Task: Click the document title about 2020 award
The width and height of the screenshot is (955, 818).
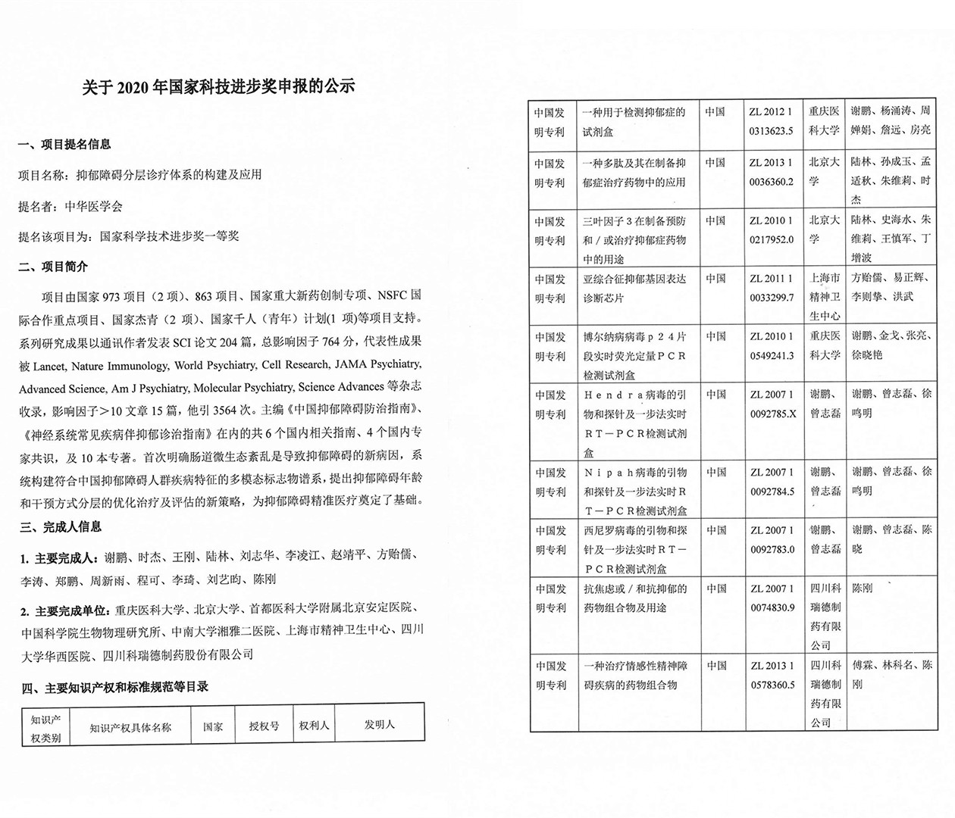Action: click(x=218, y=86)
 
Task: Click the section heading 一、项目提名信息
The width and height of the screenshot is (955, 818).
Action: click(x=64, y=144)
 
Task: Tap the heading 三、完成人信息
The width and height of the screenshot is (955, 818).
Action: click(x=60, y=526)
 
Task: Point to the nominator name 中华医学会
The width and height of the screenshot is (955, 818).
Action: click(x=93, y=205)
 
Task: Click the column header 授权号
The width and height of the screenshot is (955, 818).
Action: click(x=264, y=726)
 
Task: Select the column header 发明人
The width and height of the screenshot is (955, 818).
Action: click(x=379, y=724)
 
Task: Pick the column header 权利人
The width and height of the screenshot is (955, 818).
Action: click(x=314, y=725)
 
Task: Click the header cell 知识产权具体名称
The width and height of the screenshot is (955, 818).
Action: click(x=130, y=727)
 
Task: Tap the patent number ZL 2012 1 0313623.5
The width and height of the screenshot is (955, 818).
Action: click(x=771, y=121)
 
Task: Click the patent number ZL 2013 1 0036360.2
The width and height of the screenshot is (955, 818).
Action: click(x=771, y=172)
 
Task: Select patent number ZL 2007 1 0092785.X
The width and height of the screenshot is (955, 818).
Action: click(x=772, y=404)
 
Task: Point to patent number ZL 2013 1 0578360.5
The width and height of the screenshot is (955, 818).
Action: click(x=772, y=675)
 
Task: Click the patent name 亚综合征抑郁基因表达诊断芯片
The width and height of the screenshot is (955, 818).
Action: click(x=634, y=289)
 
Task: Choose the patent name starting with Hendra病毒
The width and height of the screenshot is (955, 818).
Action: click(x=634, y=423)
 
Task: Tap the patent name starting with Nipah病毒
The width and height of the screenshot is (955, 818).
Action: click(x=634, y=491)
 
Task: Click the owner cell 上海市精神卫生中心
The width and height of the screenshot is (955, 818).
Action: click(x=824, y=297)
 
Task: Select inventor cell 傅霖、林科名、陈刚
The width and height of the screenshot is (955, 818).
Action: click(x=891, y=674)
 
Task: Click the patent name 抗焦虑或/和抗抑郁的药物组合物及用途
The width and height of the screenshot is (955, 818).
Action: click(x=634, y=598)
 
